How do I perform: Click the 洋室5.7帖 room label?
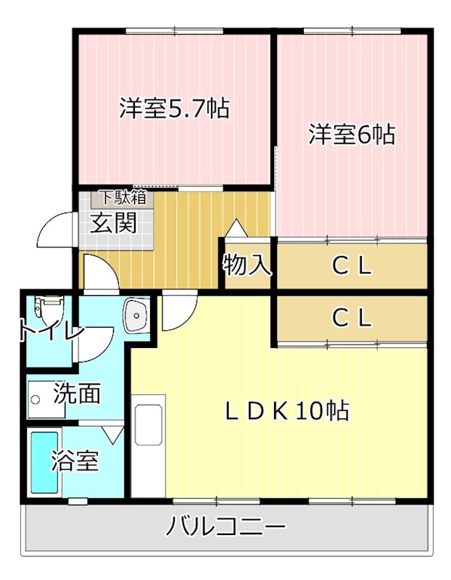(x=174, y=109)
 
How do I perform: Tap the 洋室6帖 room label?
(x=352, y=134)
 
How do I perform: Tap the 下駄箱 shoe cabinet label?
(x=123, y=196)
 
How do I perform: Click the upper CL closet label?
(x=352, y=266)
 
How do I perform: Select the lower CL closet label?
(x=352, y=317)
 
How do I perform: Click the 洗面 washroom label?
(x=76, y=394)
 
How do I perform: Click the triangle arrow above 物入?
(x=236, y=228)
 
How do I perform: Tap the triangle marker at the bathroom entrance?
(x=113, y=434)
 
